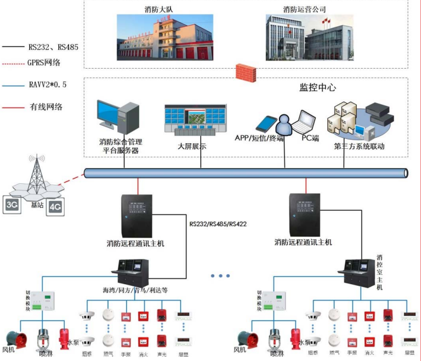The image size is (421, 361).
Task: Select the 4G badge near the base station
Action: (55, 207)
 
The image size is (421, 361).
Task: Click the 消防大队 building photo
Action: (162, 37)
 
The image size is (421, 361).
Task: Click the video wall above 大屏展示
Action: (195, 119)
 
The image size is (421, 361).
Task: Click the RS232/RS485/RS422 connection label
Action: (218, 224)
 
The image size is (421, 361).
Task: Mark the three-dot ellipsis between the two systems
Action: (220, 275)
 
